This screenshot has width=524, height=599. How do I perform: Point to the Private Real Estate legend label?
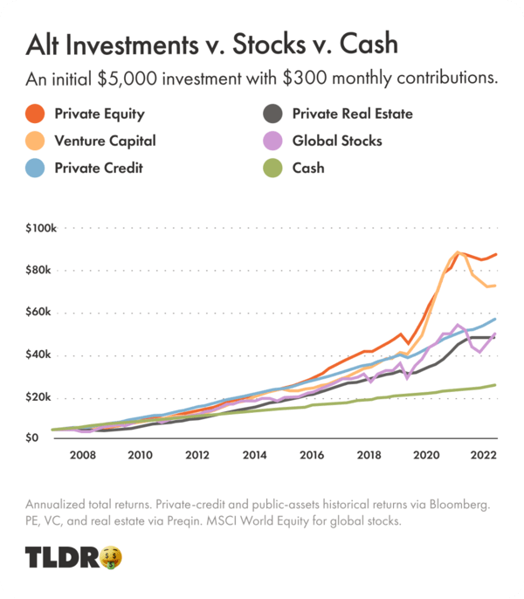(x=352, y=114)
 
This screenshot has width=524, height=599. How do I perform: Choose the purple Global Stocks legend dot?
(x=272, y=141)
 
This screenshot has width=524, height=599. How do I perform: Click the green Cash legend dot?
(x=272, y=167)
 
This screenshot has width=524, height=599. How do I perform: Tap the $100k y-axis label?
(x=40, y=229)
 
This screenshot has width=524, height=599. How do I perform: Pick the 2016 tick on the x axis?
(x=311, y=456)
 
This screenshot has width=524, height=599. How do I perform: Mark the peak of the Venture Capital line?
(x=458, y=252)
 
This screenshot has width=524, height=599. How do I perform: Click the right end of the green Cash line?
(x=496, y=385)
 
